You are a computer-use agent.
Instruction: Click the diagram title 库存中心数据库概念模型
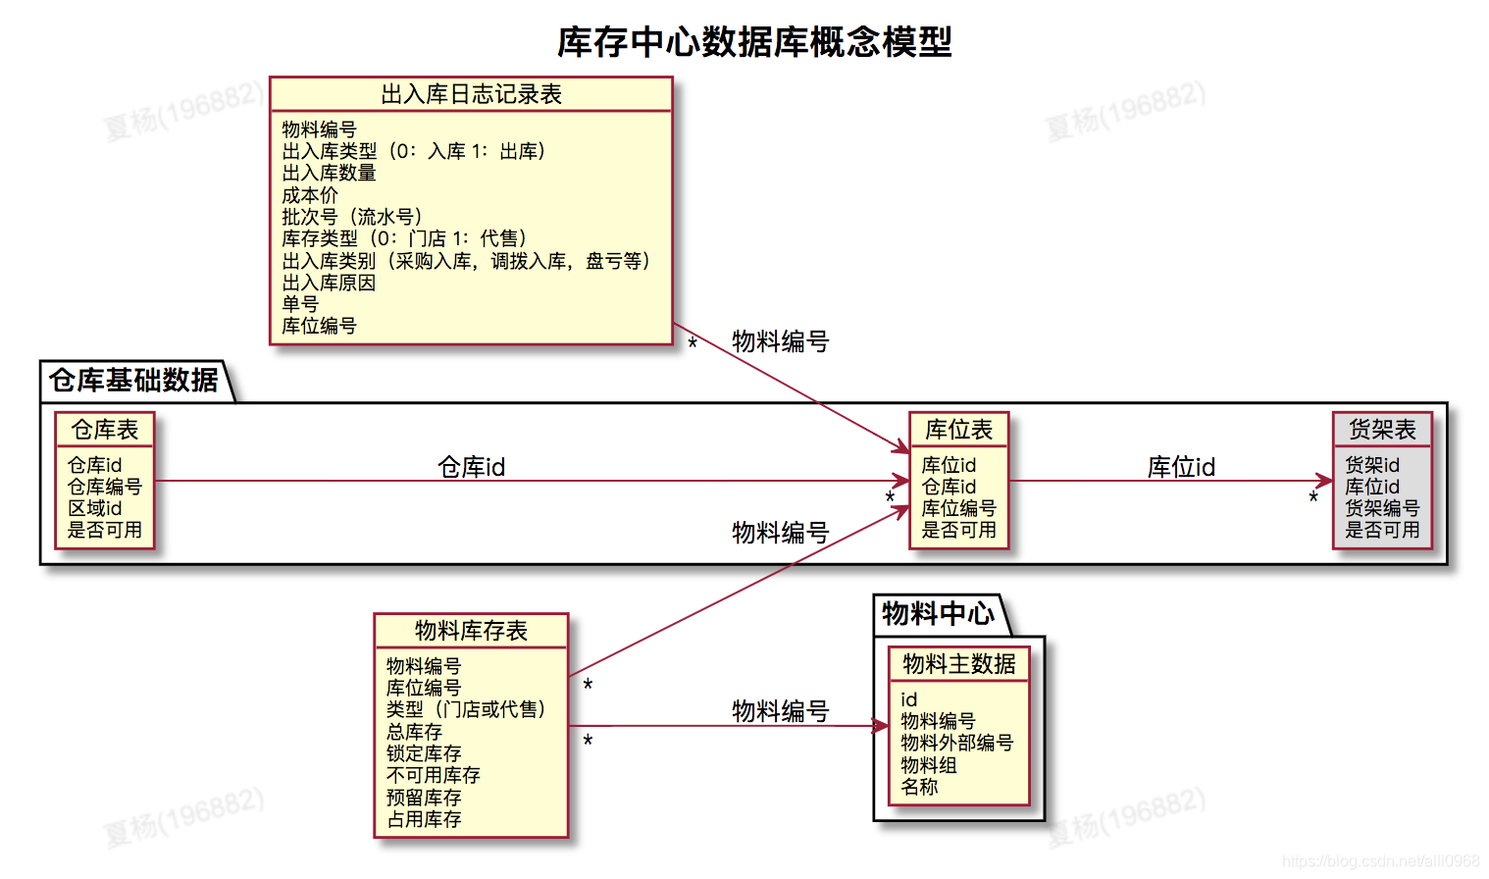click(x=754, y=42)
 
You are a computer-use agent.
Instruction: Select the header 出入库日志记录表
click(x=471, y=94)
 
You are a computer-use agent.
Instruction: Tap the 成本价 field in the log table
click(x=309, y=195)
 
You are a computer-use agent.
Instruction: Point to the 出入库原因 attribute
click(x=329, y=283)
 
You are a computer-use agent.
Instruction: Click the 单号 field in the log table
click(x=300, y=304)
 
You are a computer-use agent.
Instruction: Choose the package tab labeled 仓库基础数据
click(x=133, y=381)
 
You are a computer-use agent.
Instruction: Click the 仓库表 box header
click(x=105, y=430)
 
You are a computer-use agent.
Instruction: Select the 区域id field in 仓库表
click(x=94, y=508)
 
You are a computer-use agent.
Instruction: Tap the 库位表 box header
click(x=958, y=430)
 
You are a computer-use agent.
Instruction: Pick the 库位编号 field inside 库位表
click(x=958, y=508)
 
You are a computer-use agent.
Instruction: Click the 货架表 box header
click(x=1382, y=430)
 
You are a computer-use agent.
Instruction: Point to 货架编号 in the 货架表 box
click(x=1382, y=508)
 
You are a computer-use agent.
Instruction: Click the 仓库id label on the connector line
click(x=471, y=467)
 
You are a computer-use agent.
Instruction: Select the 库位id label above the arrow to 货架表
click(x=1181, y=467)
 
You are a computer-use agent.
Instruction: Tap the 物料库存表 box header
click(x=471, y=631)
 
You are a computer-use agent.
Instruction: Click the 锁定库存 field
click(x=424, y=753)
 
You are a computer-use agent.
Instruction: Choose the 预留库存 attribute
click(x=424, y=798)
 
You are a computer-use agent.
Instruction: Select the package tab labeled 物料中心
click(x=938, y=614)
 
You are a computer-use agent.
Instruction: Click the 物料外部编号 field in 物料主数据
click(x=956, y=743)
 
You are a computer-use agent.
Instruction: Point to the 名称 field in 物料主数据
click(x=919, y=787)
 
